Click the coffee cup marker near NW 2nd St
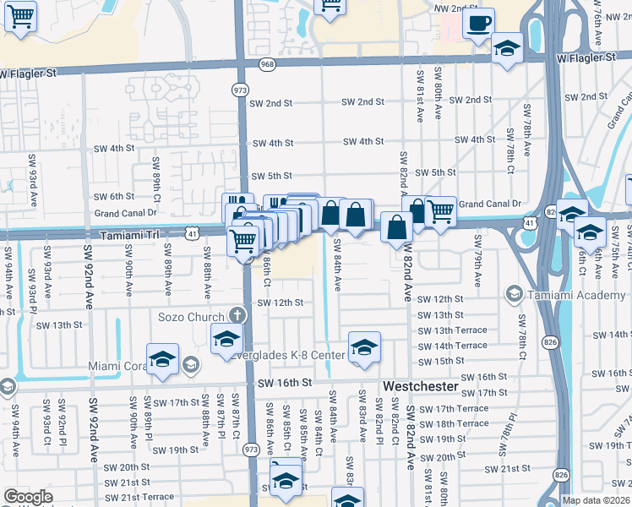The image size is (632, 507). (x=478, y=22)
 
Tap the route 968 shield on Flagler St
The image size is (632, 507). (x=267, y=64)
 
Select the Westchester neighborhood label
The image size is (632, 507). (x=420, y=385)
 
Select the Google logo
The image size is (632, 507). (x=29, y=497)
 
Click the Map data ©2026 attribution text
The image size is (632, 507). (x=596, y=500)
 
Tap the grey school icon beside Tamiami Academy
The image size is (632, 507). (x=513, y=293)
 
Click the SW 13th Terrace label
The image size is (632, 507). (x=452, y=330)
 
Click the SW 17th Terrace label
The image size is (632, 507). (x=452, y=408)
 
